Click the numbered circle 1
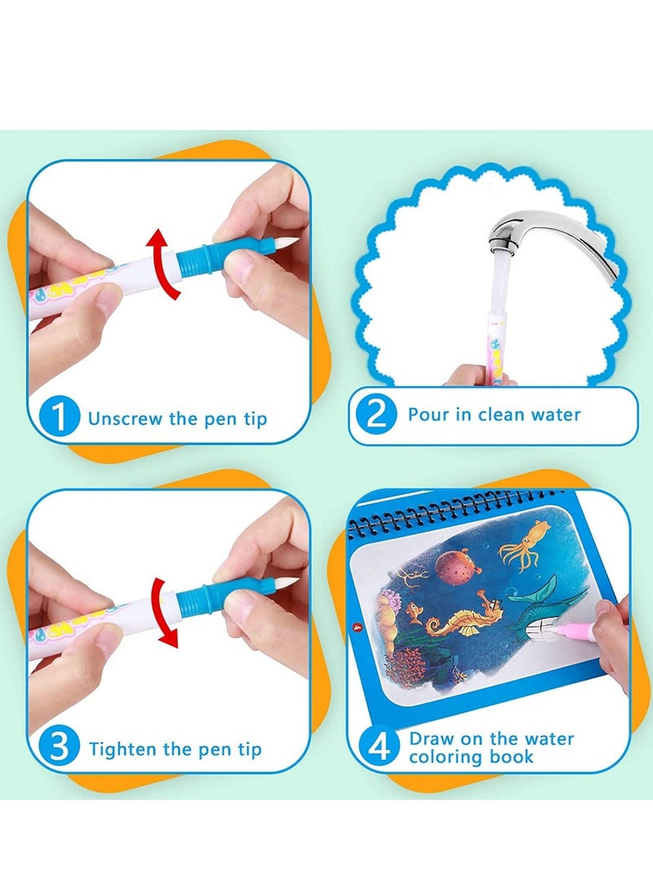[59, 417]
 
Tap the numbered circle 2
[375, 413]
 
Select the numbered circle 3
[59, 746]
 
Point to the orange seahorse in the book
[464, 618]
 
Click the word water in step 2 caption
[555, 414]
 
